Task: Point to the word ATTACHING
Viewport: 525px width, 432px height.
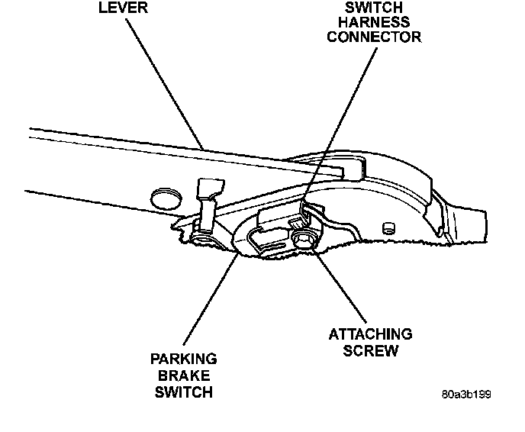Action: [370, 334]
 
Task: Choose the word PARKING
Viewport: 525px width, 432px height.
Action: [183, 359]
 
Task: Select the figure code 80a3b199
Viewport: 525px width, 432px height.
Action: [465, 395]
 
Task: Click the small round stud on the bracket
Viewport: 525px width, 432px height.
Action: [387, 227]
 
